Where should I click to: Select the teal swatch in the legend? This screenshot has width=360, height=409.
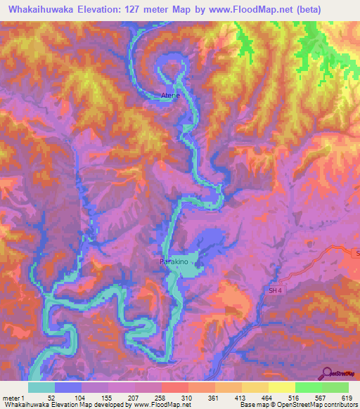(x=41, y=387)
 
